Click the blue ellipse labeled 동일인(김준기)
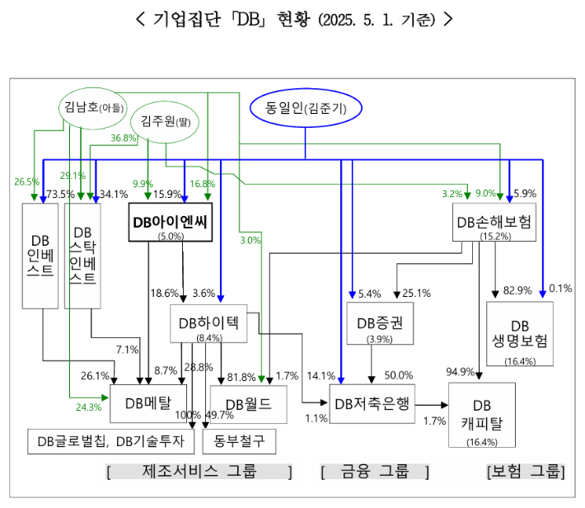[306, 107]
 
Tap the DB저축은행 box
[371, 404]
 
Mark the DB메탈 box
[148, 403]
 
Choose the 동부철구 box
[239, 442]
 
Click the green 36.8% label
[124, 138]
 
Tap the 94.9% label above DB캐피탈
[459, 370]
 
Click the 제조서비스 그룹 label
[199, 472]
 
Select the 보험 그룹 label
[526, 472]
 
